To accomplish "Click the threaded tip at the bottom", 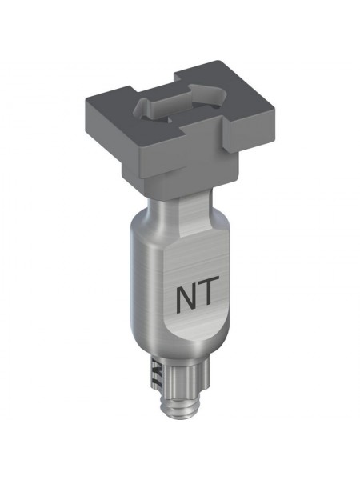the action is (180, 403).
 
